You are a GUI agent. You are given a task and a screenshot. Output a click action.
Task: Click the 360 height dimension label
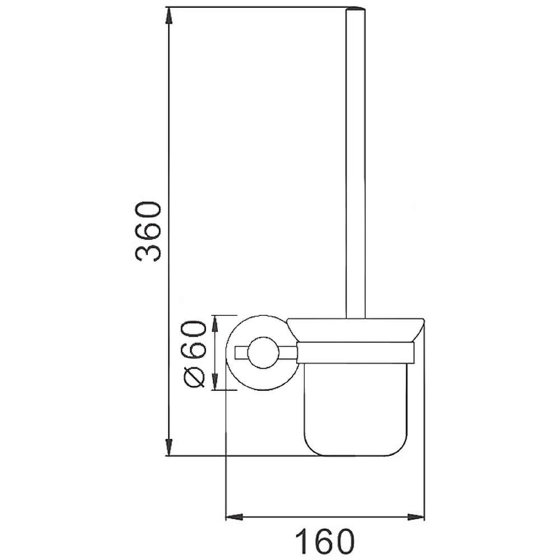coord(148,231)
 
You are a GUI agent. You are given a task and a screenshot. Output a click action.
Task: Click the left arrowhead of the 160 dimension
coord(234,516)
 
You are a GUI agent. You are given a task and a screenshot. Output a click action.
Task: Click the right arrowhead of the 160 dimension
coord(416,516)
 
